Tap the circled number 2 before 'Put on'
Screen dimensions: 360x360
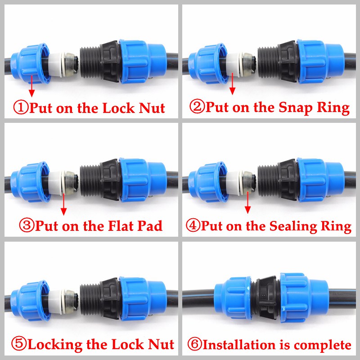(197, 108)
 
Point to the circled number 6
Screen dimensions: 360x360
(195, 345)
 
